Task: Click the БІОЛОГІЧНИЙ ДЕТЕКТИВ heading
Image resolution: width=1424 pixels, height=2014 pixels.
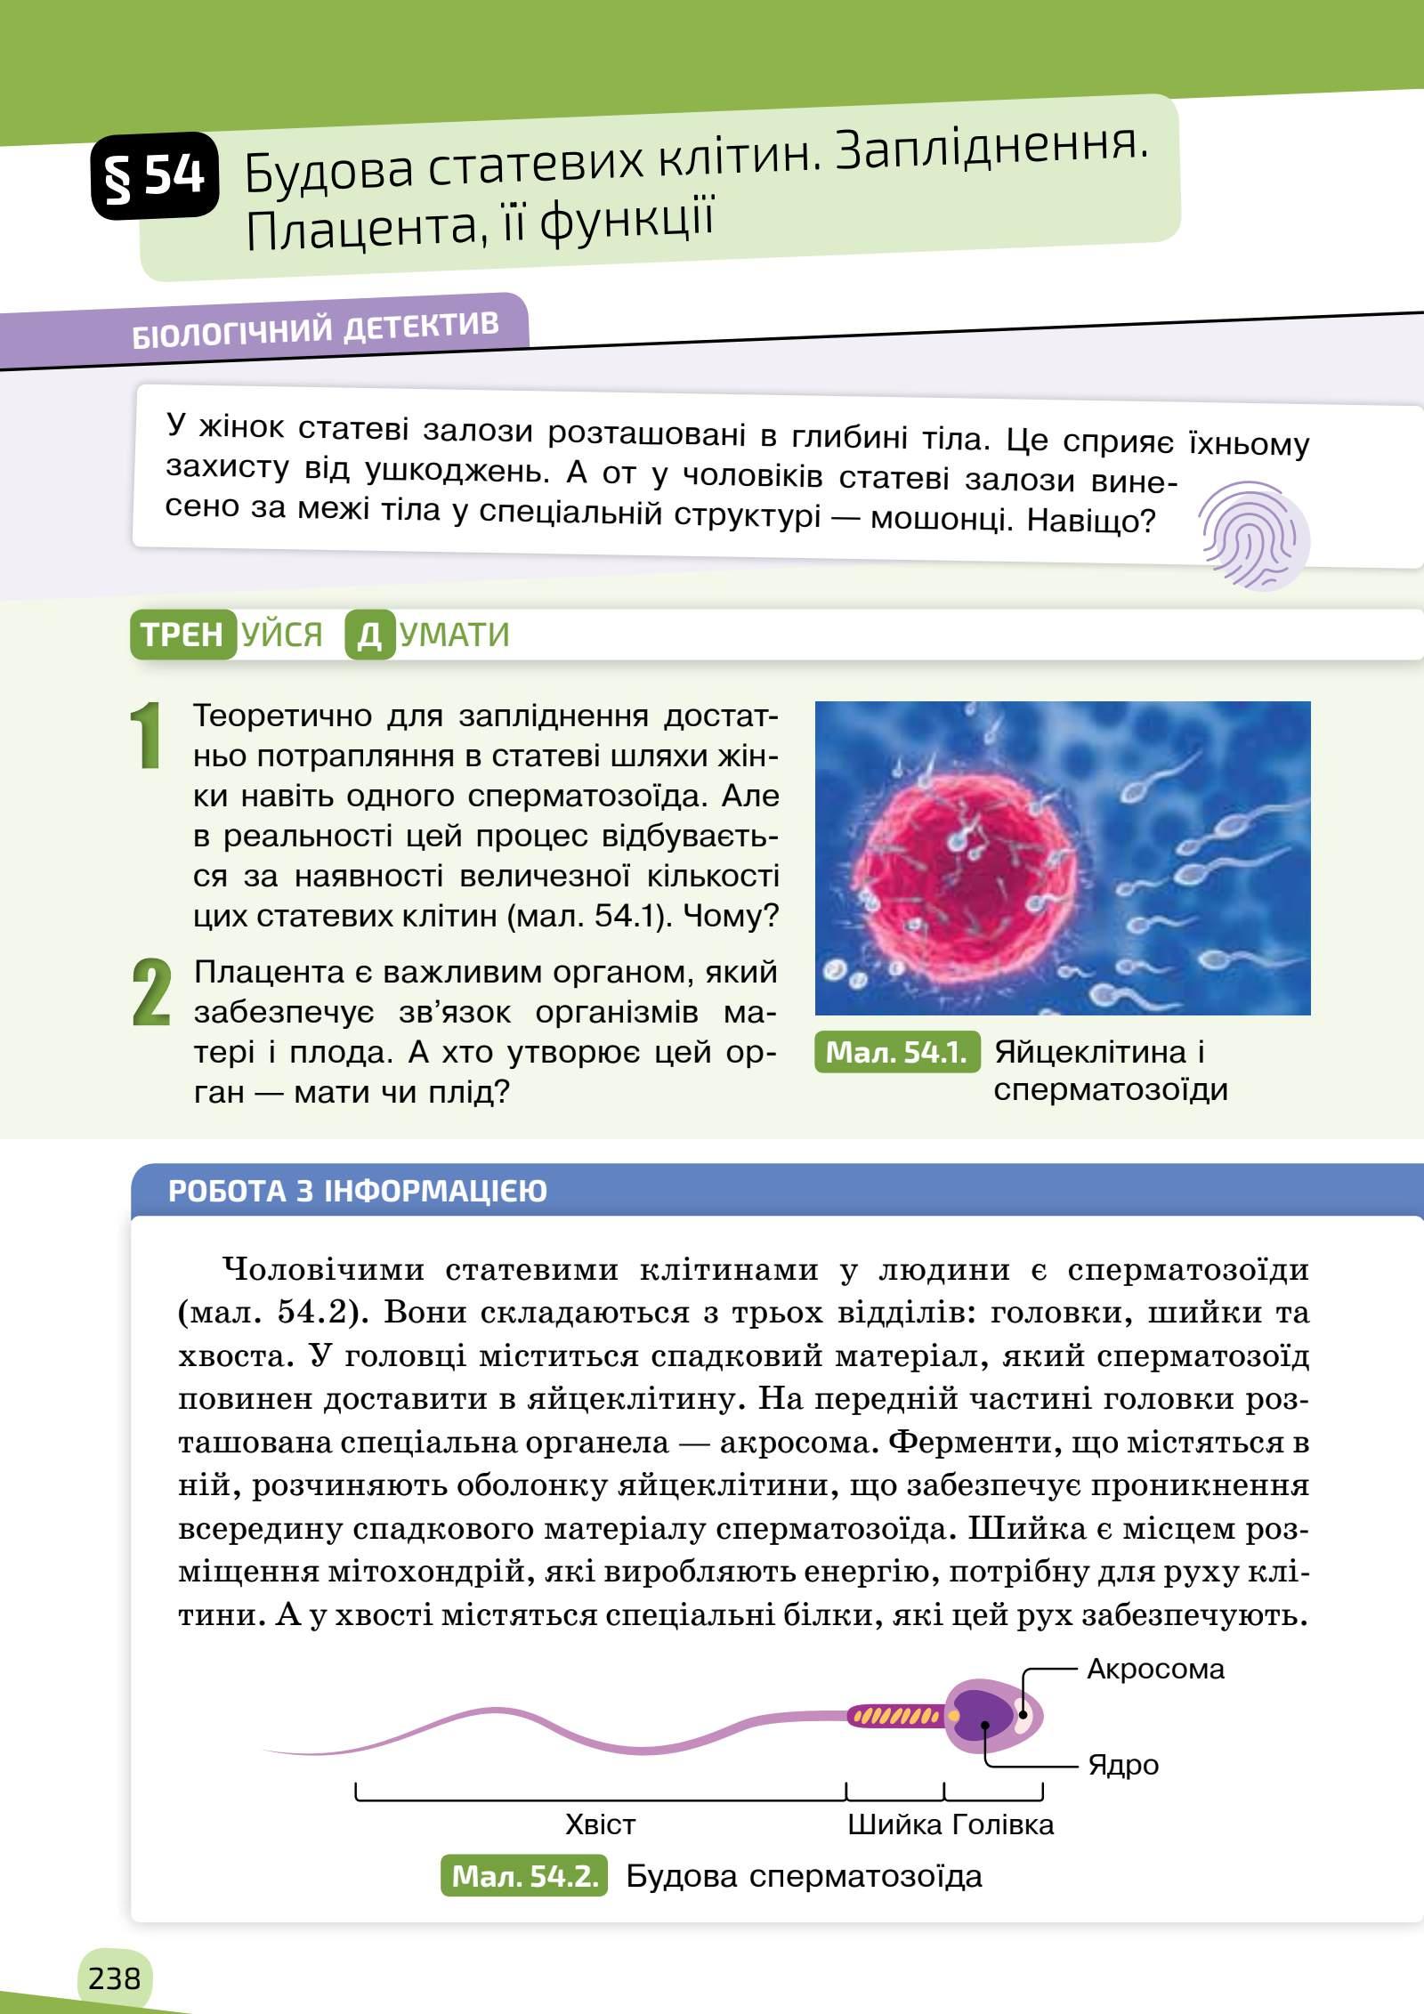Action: click(x=315, y=330)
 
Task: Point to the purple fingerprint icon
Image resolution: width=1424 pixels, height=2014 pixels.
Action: click(x=1253, y=536)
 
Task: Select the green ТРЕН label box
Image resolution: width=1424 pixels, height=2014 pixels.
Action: click(x=182, y=635)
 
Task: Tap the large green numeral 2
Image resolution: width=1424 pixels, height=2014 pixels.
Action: click(x=150, y=992)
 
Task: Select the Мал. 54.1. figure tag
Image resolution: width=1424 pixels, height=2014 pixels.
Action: click(x=896, y=1053)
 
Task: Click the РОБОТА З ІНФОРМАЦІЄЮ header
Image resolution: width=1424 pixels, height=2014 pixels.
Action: click(x=358, y=1191)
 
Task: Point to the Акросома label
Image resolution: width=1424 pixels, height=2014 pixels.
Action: click(x=1155, y=1669)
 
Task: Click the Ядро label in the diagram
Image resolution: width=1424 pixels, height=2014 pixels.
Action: click(x=1123, y=1764)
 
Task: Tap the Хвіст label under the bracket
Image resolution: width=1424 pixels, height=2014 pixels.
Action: click(x=600, y=1824)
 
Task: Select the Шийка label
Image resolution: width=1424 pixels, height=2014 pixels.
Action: click(x=894, y=1824)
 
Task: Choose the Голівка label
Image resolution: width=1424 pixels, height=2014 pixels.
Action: click(x=1002, y=1824)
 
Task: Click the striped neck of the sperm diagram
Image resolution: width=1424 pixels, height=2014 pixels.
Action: click(x=894, y=1715)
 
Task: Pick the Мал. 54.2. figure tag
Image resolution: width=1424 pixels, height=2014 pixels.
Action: click(x=524, y=1877)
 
